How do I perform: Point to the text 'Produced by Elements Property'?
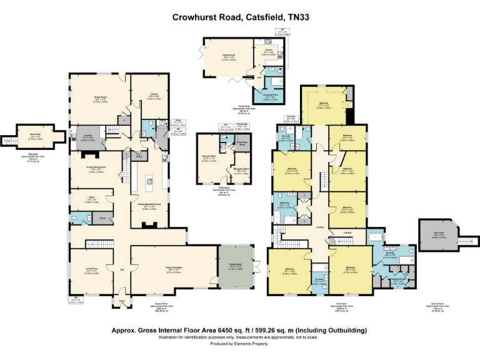pyautogui.click(x=239, y=343)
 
